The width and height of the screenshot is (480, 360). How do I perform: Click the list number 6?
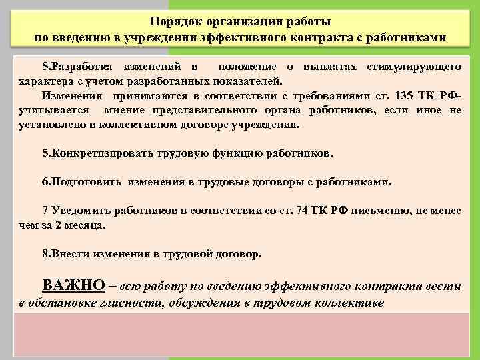coord(45,181)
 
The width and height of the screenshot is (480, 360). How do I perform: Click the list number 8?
coord(45,255)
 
